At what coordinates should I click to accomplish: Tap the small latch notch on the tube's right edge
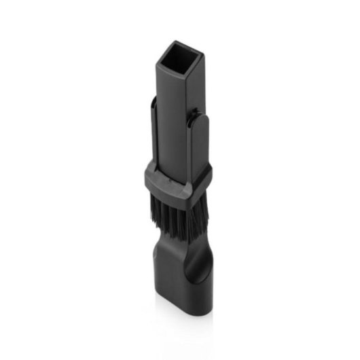(198, 109)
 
